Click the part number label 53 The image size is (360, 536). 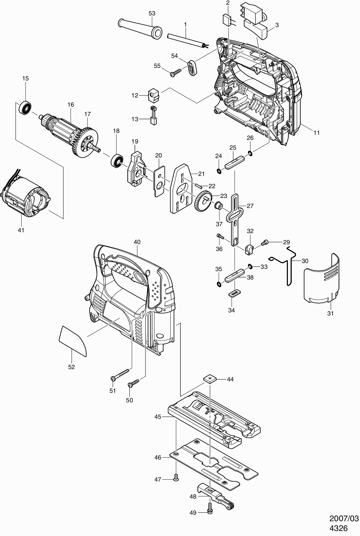tap(152, 13)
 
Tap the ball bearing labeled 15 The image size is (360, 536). tap(25, 107)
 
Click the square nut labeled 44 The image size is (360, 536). tap(209, 379)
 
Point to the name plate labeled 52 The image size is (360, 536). tap(73, 341)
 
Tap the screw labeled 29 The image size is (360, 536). tap(264, 243)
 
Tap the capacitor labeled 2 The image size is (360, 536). tap(228, 20)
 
